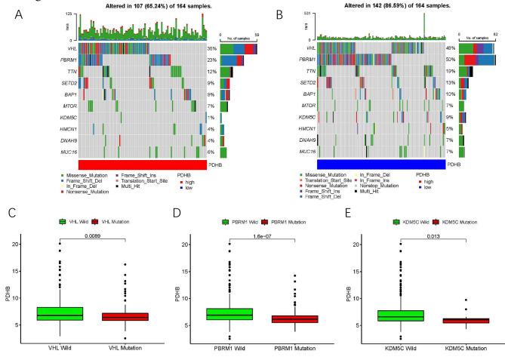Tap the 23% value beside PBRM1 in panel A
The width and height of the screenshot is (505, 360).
coord(212,60)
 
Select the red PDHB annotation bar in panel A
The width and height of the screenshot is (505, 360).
coord(142,165)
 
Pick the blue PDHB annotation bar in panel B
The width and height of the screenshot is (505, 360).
coord(380,165)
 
